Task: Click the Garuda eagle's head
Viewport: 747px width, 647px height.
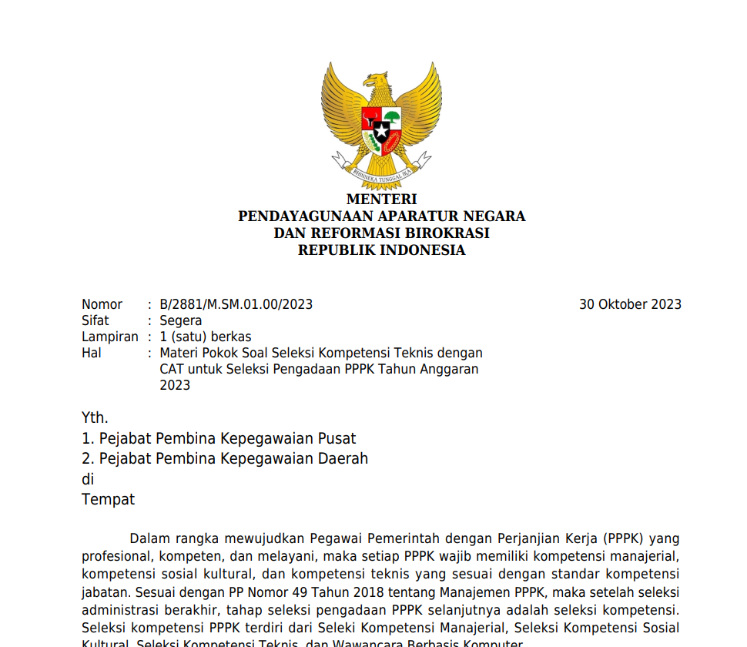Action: [x=377, y=80]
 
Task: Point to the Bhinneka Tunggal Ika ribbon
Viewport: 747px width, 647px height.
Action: [x=382, y=171]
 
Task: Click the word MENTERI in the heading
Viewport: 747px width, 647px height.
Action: [x=381, y=199]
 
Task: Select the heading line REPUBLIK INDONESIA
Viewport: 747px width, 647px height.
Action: [x=381, y=250]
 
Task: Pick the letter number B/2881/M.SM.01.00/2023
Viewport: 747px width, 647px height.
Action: [x=236, y=304]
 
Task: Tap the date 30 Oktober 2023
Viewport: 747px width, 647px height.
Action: [x=630, y=304]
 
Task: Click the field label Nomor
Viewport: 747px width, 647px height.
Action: [x=102, y=304]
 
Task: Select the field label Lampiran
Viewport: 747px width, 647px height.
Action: [x=110, y=337]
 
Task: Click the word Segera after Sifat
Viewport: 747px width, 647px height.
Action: [x=181, y=320]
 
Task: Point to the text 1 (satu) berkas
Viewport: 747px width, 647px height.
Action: [x=206, y=337]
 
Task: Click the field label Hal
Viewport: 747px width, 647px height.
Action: [x=92, y=353]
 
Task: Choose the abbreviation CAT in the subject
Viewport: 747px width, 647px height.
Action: [x=173, y=369]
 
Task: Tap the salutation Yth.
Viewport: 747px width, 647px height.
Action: [x=95, y=418]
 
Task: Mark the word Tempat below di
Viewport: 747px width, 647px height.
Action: [x=108, y=499]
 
